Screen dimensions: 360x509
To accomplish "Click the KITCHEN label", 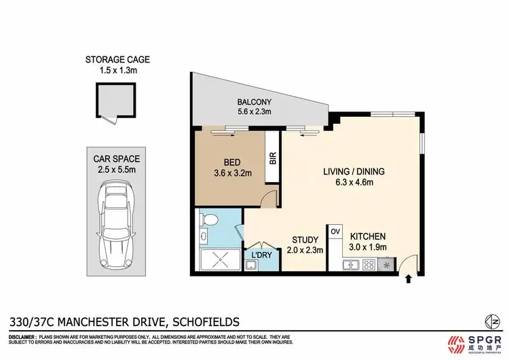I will (x=369, y=234).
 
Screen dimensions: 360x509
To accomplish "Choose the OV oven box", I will (x=335, y=232).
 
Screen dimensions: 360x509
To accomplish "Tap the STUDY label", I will (x=305, y=239).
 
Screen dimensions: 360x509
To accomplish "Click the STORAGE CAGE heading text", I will (x=117, y=60).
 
